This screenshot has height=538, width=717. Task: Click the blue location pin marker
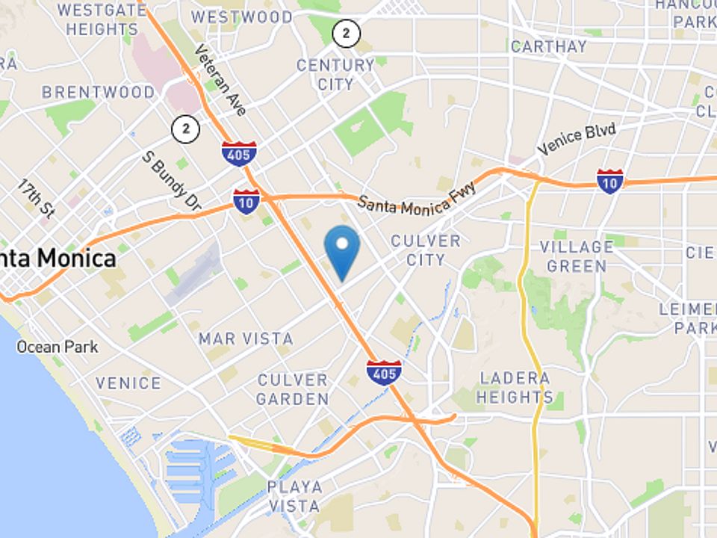point(342,250)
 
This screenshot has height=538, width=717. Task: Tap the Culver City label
point(426,250)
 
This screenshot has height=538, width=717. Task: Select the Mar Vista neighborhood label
point(246,339)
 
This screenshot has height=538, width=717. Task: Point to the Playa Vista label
point(295,497)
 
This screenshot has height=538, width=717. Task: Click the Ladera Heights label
point(515,387)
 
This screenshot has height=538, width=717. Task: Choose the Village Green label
point(576,256)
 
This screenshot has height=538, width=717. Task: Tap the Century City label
point(335,75)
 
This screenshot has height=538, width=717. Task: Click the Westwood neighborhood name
point(241,16)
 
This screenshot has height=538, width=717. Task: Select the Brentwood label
point(98,93)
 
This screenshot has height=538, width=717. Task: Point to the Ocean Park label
point(58,347)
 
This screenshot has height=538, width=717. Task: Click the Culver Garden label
point(292,389)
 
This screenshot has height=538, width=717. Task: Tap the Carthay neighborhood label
point(549,46)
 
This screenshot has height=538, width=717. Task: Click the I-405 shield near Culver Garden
point(384,371)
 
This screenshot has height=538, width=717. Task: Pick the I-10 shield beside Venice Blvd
point(610,181)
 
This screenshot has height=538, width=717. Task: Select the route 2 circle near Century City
point(346,33)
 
